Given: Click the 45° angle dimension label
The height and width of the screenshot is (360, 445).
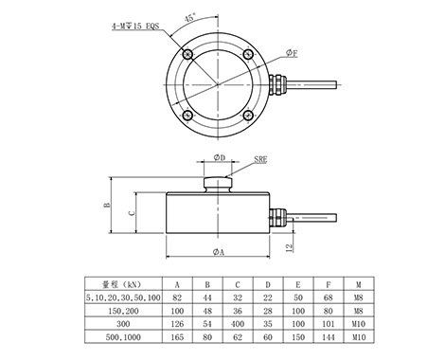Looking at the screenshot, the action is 190,16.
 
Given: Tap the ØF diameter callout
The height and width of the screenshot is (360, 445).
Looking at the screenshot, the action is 292,53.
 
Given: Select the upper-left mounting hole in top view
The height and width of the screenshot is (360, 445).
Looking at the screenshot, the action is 187,55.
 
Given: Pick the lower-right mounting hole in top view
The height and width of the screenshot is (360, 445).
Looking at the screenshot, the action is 248,115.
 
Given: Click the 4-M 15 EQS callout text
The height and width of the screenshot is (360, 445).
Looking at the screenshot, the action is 135,27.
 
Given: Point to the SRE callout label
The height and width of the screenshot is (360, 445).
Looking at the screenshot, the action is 260,159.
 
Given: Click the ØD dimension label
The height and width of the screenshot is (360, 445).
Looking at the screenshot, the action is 220,157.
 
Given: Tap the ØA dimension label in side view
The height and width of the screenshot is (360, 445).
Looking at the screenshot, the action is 218,252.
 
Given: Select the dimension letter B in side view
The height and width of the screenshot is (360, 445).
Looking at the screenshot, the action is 107,205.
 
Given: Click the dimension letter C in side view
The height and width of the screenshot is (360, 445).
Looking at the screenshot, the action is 133,213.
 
